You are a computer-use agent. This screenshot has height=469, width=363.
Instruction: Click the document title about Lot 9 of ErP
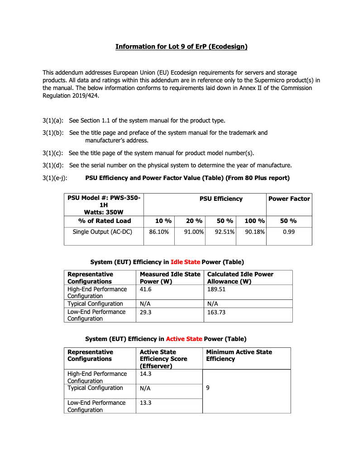181,47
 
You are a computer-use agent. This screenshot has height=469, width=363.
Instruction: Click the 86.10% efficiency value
159,232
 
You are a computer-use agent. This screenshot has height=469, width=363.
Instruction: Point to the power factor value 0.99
289,232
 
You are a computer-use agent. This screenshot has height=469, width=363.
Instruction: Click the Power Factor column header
289,199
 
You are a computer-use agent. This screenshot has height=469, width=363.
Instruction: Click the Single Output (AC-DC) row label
102,232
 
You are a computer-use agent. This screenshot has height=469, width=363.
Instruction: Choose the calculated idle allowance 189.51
216,289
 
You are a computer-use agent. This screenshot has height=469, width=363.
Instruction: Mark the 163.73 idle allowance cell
216,312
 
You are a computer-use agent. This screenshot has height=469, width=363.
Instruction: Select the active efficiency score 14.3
146,374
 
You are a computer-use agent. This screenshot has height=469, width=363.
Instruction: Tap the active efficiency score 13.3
146,403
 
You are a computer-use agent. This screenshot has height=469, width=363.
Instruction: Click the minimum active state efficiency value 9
208,388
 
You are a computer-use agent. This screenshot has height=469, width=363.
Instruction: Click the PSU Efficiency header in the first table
221,199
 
